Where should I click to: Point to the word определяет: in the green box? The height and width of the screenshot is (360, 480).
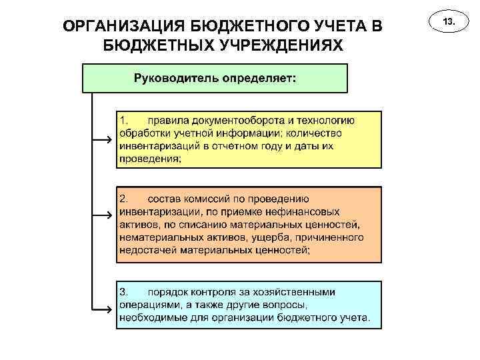(x=255, y=77)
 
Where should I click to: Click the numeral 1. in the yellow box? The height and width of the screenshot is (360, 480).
(x=125, y=121)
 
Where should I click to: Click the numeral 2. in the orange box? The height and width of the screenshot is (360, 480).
(x=125, y=199)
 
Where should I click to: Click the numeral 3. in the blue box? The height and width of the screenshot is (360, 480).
(x=125, y=292)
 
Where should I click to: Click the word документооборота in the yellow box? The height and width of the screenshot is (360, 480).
(x=234, y=121)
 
